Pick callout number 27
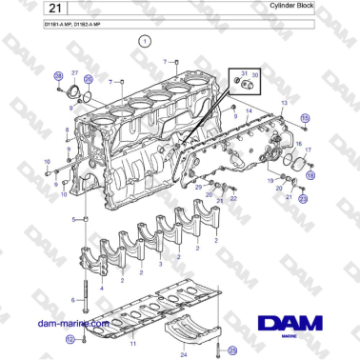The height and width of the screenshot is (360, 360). point(73,72)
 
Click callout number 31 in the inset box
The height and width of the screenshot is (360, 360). point(244,74)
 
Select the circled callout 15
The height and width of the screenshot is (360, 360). point(305,117)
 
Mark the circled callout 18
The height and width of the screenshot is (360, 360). point(309,174)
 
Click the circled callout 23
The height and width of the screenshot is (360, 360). point(303,198)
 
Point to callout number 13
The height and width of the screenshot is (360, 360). point(283,101)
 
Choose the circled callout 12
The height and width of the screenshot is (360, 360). point(70,338)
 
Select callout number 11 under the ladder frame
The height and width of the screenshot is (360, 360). point(132,341)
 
